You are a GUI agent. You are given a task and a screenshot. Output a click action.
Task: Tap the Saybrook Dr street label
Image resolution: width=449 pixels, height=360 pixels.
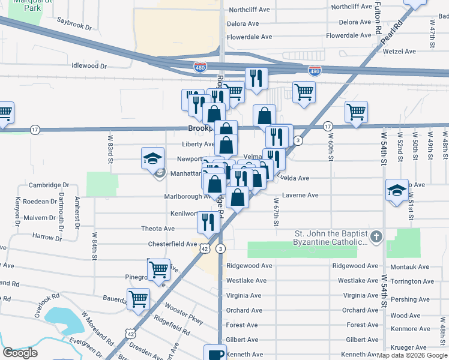click(74, 28)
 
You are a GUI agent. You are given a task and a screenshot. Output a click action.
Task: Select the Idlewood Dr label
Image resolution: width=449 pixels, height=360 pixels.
click(89, 66)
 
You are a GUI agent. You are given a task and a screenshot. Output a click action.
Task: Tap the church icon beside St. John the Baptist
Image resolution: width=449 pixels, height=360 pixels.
click(376, 236)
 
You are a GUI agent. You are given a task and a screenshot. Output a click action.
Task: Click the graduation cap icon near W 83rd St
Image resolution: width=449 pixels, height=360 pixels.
click(152, 158)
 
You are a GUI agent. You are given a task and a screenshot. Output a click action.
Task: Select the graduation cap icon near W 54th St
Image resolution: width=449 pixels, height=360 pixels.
click(397, 191)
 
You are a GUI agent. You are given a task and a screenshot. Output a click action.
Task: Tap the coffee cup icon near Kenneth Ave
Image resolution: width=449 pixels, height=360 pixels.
click(215, 353)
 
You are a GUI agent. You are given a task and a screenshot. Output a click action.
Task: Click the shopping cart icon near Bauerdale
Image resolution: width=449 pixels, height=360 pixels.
click(139, 298)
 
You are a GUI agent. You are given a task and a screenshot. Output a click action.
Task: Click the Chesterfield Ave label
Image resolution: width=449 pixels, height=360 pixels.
click(173, 244)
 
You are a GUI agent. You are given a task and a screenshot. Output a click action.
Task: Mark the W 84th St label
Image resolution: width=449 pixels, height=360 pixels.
click(94, 245)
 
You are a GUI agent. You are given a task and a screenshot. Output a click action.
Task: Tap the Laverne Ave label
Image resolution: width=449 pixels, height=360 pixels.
click(300, 195)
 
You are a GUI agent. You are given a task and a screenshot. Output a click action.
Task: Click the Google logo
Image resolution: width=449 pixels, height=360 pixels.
click(20, 352)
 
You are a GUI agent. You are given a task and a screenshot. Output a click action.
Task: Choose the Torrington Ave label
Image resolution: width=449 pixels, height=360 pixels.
click(409, 281)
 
